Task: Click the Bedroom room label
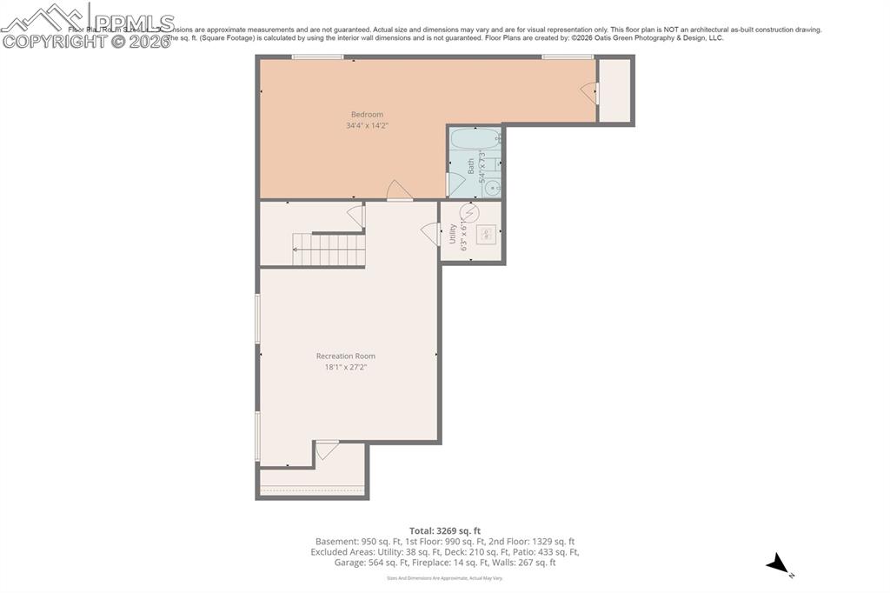point(367,115)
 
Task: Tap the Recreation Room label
point(346,356)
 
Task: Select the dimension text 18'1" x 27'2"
point(346,367)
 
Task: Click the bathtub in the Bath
point(475,138)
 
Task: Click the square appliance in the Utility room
point(488,233)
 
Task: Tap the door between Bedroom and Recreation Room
point(398,191)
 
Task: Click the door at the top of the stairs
point(355,216)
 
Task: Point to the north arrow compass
point(778,566)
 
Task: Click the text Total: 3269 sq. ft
point(445,530)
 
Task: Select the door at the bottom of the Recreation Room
point(326,450)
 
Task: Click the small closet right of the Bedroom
point(614,90)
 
